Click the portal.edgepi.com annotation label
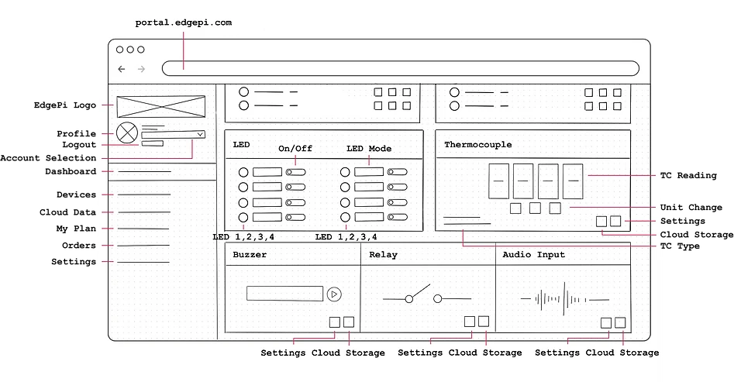point(184,22)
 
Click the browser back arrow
point(122,69)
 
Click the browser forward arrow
point(141,69)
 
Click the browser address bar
point(400,68)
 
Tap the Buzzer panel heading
point(250,254)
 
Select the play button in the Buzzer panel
point(334,294)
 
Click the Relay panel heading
point(383,254)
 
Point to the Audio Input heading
point(533,254)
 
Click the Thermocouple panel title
point(477,145)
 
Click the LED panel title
point(241,145)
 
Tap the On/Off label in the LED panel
point(295,149)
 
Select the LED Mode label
point(368,149)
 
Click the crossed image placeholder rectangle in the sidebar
point(160,106)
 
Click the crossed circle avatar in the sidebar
point(126,132)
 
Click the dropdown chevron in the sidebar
point(200,134)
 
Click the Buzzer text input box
point(284,294)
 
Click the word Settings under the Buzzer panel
point(283,353)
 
